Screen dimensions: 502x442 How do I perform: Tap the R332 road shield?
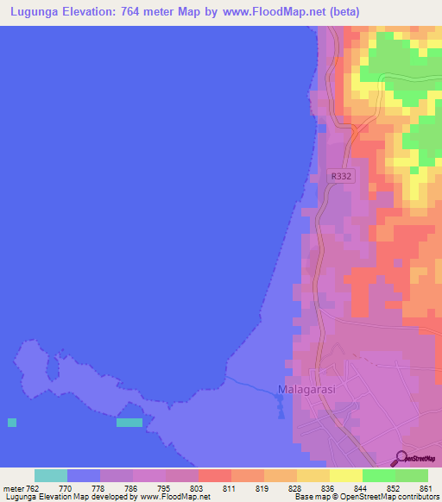coord(342,176)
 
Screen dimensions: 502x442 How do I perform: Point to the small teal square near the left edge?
coord(12,422)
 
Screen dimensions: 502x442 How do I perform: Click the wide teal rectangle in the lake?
coord(129,422)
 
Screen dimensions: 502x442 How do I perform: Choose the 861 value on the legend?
coord(425,487)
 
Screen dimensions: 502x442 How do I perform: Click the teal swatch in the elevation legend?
coord(51,475)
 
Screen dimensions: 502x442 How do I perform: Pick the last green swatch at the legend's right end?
coord(412,475)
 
